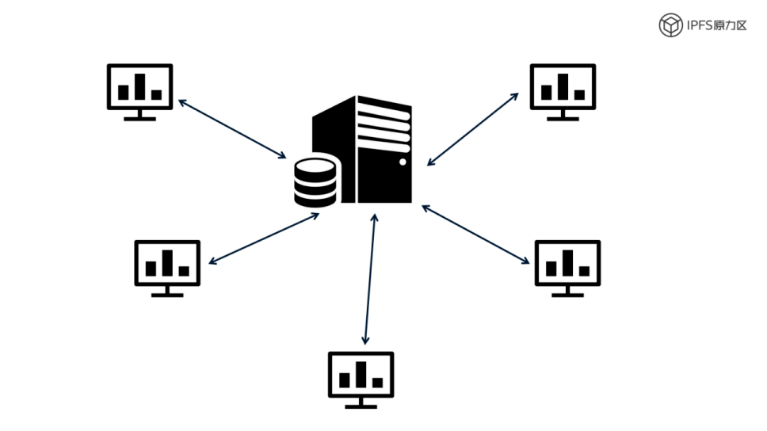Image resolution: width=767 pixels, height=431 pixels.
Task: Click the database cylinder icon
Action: pyautogui.click(x=316, y=183)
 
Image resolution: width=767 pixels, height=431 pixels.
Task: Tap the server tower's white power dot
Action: pyautogui.click(x=403, y=162)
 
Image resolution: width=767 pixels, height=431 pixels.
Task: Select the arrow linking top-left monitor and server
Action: pyautogui.click(x=232, y=128)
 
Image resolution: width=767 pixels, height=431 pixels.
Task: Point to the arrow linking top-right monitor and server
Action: pyautogui.click(x=473, y=128)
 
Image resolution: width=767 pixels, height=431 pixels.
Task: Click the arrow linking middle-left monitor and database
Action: pyautogui.click(x=264, y=238)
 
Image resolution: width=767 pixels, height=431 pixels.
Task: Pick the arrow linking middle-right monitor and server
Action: pyautogui.click(x=475, y=234)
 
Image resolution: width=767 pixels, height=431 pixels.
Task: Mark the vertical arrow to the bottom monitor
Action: pyautogui.click(x=370, y=277)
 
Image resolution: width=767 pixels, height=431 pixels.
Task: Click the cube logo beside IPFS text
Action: pyautogui.click(x=671, y=25)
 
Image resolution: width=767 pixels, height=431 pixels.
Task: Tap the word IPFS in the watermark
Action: pyautogui.click(x=700, y=25)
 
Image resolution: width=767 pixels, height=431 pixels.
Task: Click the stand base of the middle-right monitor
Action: pyautogui.click(x=567, y=295)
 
